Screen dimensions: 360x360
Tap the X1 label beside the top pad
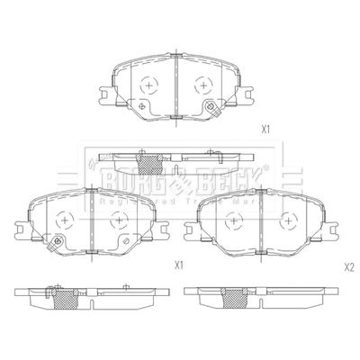tap(265, 130)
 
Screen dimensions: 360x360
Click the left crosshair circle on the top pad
tap(148, 85)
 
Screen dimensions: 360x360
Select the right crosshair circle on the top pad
tap(204, 85)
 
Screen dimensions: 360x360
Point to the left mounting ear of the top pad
tap(102, 92)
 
